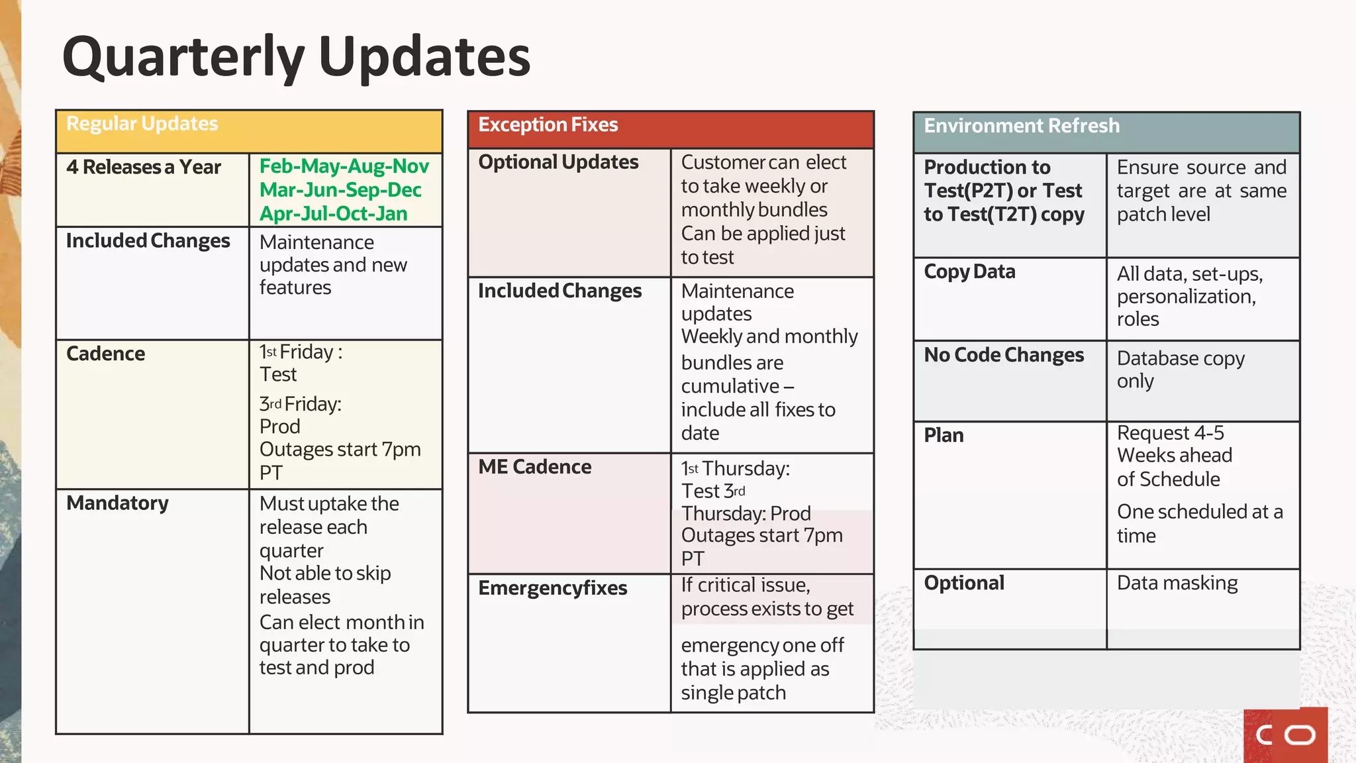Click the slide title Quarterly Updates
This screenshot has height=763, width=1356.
pos(296,58)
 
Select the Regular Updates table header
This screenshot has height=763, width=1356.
pos(142,124)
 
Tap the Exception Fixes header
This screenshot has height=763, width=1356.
pos(548,125)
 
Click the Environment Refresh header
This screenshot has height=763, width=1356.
pos(1022,126)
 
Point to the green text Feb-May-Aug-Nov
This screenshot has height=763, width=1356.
pos(344,166)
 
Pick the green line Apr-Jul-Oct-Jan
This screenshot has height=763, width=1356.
pos(333,214)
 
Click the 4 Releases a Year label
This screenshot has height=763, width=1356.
pos(144,168)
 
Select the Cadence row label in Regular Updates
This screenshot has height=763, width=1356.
pos(106,354)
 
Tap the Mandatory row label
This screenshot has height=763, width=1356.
pos(118,503)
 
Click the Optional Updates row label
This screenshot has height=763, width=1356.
pos(558,162)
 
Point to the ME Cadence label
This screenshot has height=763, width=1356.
pos(535,467)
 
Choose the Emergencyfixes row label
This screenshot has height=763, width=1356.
pos(553,588)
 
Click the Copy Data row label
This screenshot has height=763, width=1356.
pos(969,272)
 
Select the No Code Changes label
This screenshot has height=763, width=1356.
pos(1004,355)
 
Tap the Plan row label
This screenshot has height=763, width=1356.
pos(944,435)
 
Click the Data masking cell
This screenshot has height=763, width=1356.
pos(1177,583)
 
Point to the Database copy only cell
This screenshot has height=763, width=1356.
pos(1181,370)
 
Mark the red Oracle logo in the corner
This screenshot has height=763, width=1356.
pos(1285,735)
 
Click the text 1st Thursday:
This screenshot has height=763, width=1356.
pos(736,469)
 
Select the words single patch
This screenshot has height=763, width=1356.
pos(734,693)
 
